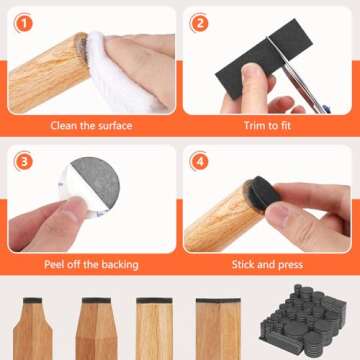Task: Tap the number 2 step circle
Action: point(200,23)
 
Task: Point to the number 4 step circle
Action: point(200,161)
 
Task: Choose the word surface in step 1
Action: point(115,127)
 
